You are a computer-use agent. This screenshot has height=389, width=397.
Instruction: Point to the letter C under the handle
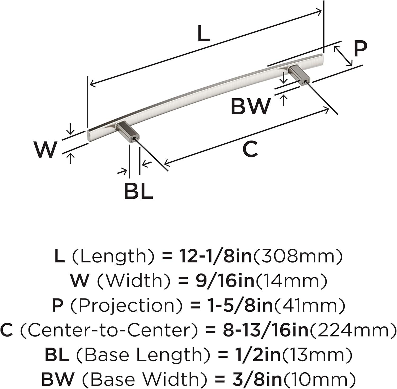point(250,149)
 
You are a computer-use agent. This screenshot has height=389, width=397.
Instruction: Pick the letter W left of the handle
point(45,149)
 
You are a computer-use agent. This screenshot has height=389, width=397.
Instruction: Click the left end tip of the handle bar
point(88,135)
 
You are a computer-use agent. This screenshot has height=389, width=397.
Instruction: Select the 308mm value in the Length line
point(298,256)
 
